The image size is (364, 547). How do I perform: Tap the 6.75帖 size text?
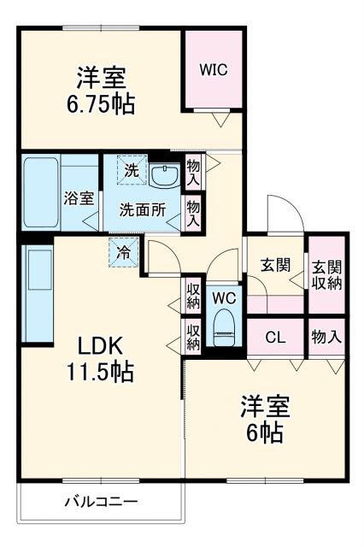(102, 104)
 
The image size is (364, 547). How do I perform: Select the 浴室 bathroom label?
(79, 198)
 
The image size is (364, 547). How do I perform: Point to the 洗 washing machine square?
(131, 170)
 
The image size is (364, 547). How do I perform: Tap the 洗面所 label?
(142, 209)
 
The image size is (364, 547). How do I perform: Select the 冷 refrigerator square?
(124, 252)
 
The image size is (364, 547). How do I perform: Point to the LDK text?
(102, 346)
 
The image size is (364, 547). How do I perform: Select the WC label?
(224, 298)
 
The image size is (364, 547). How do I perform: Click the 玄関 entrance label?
(275, 265)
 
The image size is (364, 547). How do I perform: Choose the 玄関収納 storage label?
(326, 273)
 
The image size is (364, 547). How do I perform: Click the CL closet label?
(274, 336)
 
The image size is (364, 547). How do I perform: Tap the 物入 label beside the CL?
(326, 336)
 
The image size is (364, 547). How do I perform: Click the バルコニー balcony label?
(101, 502)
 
